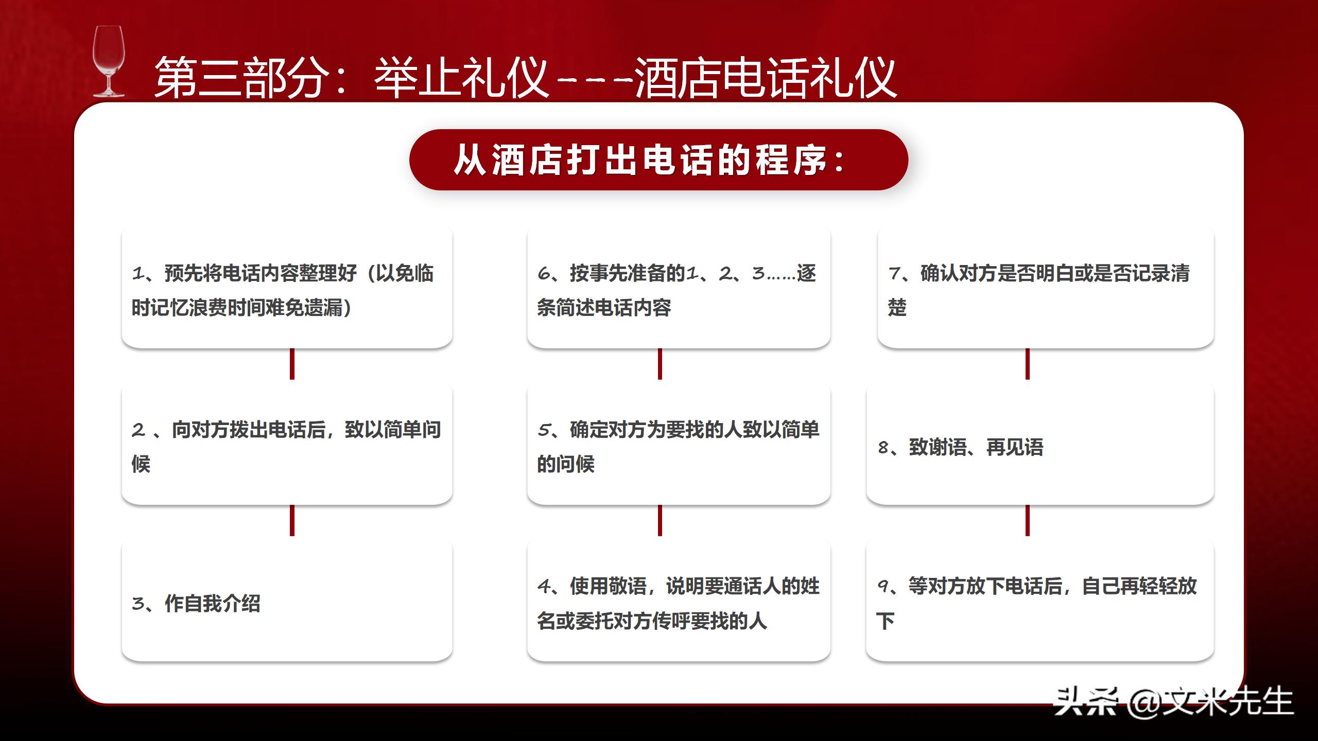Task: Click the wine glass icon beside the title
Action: coord(109,62)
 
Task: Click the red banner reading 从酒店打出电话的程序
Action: coord(658,160)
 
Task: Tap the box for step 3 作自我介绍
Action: coord(287,601)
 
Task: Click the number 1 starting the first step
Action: coord(138,273)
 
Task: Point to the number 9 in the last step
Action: coord(883,586)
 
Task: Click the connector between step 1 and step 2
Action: coord(292,364)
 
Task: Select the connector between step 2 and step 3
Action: coord(292,521)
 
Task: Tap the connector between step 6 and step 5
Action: coord(660,364)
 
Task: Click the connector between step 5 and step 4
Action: coord(660,521)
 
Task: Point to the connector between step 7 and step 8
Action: coord(1027,364)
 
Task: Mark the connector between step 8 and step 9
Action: coord(1027,521)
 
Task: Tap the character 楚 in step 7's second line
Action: coord(897,308)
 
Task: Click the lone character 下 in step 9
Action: coord(885,621)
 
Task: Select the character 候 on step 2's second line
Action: coord(141,464)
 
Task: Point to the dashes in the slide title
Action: coord(595,80)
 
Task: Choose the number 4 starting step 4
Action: coord(544,586)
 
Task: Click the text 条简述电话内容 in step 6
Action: coord(604,308)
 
